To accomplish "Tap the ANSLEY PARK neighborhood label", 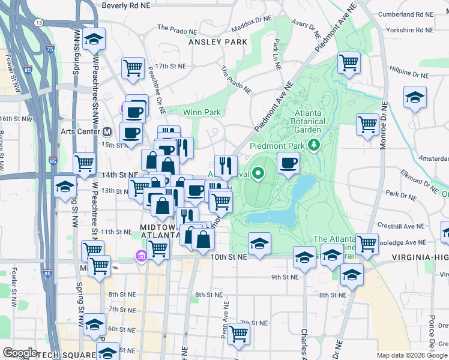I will pyautogui.click(x=214, y=43).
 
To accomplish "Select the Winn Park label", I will pyautogui.click(x=202, y=112).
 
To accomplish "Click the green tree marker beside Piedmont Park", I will pyautogui.click(x=313, y=145).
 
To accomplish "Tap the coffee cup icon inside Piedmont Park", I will pyautogui.click(x=289, y=163).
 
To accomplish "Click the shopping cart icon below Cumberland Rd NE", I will pyautogui.click(x=349, y=62).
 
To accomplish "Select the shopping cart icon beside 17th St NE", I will pyautogui.click(x=132, y=67).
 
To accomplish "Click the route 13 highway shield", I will pyautogui.click(x=39, y=22).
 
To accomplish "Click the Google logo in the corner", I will pyautogui.click(x=20, y=353).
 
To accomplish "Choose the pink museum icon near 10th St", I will pyautogui.click(x=141, y=256).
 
